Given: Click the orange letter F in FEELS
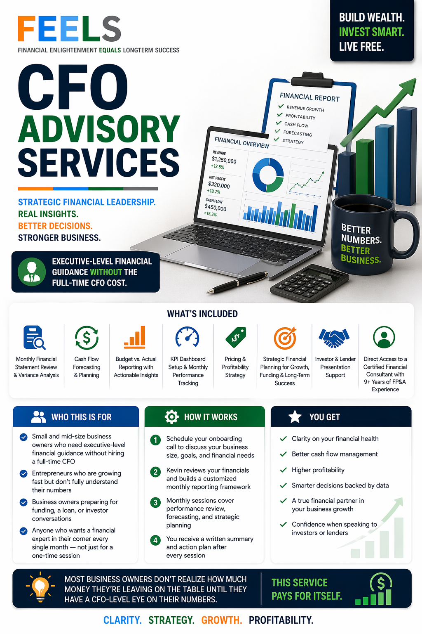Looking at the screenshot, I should pos(27,29).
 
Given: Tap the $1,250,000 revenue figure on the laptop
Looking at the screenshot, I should pos(224,160).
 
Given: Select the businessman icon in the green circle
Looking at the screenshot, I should pos(32,272).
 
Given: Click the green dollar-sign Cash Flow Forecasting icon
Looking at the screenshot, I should pos(87,338).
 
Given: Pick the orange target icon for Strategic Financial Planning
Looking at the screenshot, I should pos(285,338).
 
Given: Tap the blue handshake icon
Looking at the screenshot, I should pos(334,338).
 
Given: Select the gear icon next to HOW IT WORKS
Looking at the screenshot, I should pos(171,417).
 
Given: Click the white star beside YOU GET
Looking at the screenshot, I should pos(295,417).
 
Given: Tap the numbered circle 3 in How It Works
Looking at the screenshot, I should pos(155,502).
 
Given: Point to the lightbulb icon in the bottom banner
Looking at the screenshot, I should pos(40,587).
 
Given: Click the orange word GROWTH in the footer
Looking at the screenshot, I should pos(221,620).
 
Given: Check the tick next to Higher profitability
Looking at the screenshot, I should pos(283,470).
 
